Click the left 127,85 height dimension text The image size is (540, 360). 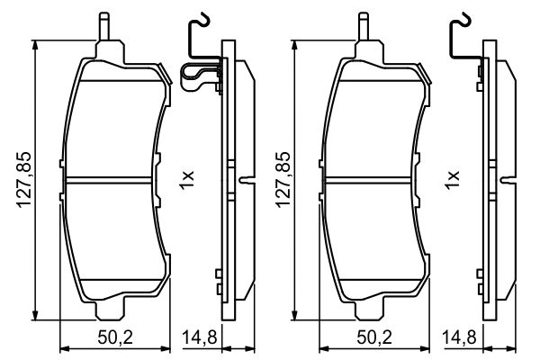25,179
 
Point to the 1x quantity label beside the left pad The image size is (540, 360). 186,178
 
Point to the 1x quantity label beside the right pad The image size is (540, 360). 453,178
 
